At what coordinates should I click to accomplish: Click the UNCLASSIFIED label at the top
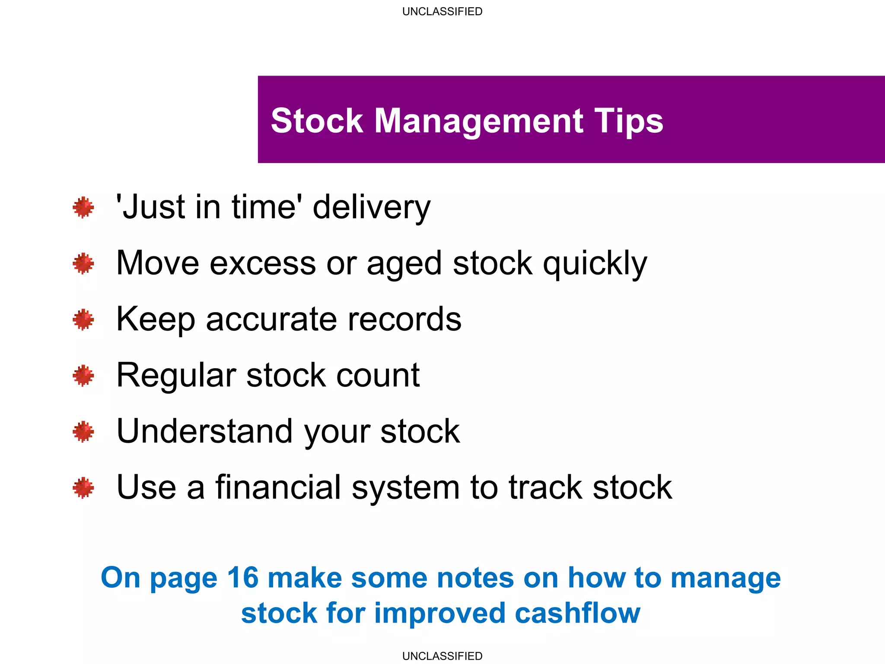pyautogui.click(x=442, y=12)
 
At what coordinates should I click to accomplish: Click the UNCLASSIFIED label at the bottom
pyautogui.click(x=442, y=656)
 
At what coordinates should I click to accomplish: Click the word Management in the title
pyautogui.click(x=478, y=121)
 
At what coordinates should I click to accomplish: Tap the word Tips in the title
pyautogui.click(x=628, y=121)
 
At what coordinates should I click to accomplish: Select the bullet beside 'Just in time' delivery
pyautogui.click(x=83, y=208)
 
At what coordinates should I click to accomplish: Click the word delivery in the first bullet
pyautogui.click(x=371, y=208)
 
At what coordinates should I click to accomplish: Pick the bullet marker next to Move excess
pyautogui.click(x=83, y=264)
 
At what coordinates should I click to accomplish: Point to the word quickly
pyautogui.click(x=595, y=264)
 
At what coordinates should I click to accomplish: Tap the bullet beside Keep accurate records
pyautogui.click(x=83, y=320)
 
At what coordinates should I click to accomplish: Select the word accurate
pyautogui.click(x=271, y=320)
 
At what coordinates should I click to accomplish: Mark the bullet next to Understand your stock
pyautogui.click(x=83, y=432)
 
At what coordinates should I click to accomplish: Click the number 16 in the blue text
pyautogui.click(x=242, y=578)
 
